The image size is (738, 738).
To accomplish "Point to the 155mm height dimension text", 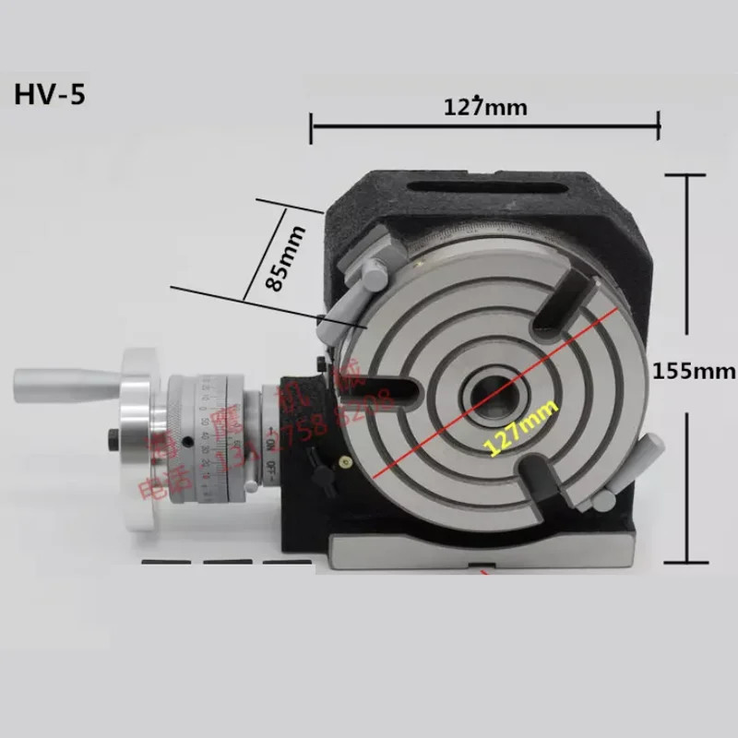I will pyautogui.click(x=694, y=371).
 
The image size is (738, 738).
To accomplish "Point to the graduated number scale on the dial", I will pyautogui.click(x=218, y=434).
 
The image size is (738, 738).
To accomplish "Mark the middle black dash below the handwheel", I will pyautogui.click(x=227, y=562).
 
